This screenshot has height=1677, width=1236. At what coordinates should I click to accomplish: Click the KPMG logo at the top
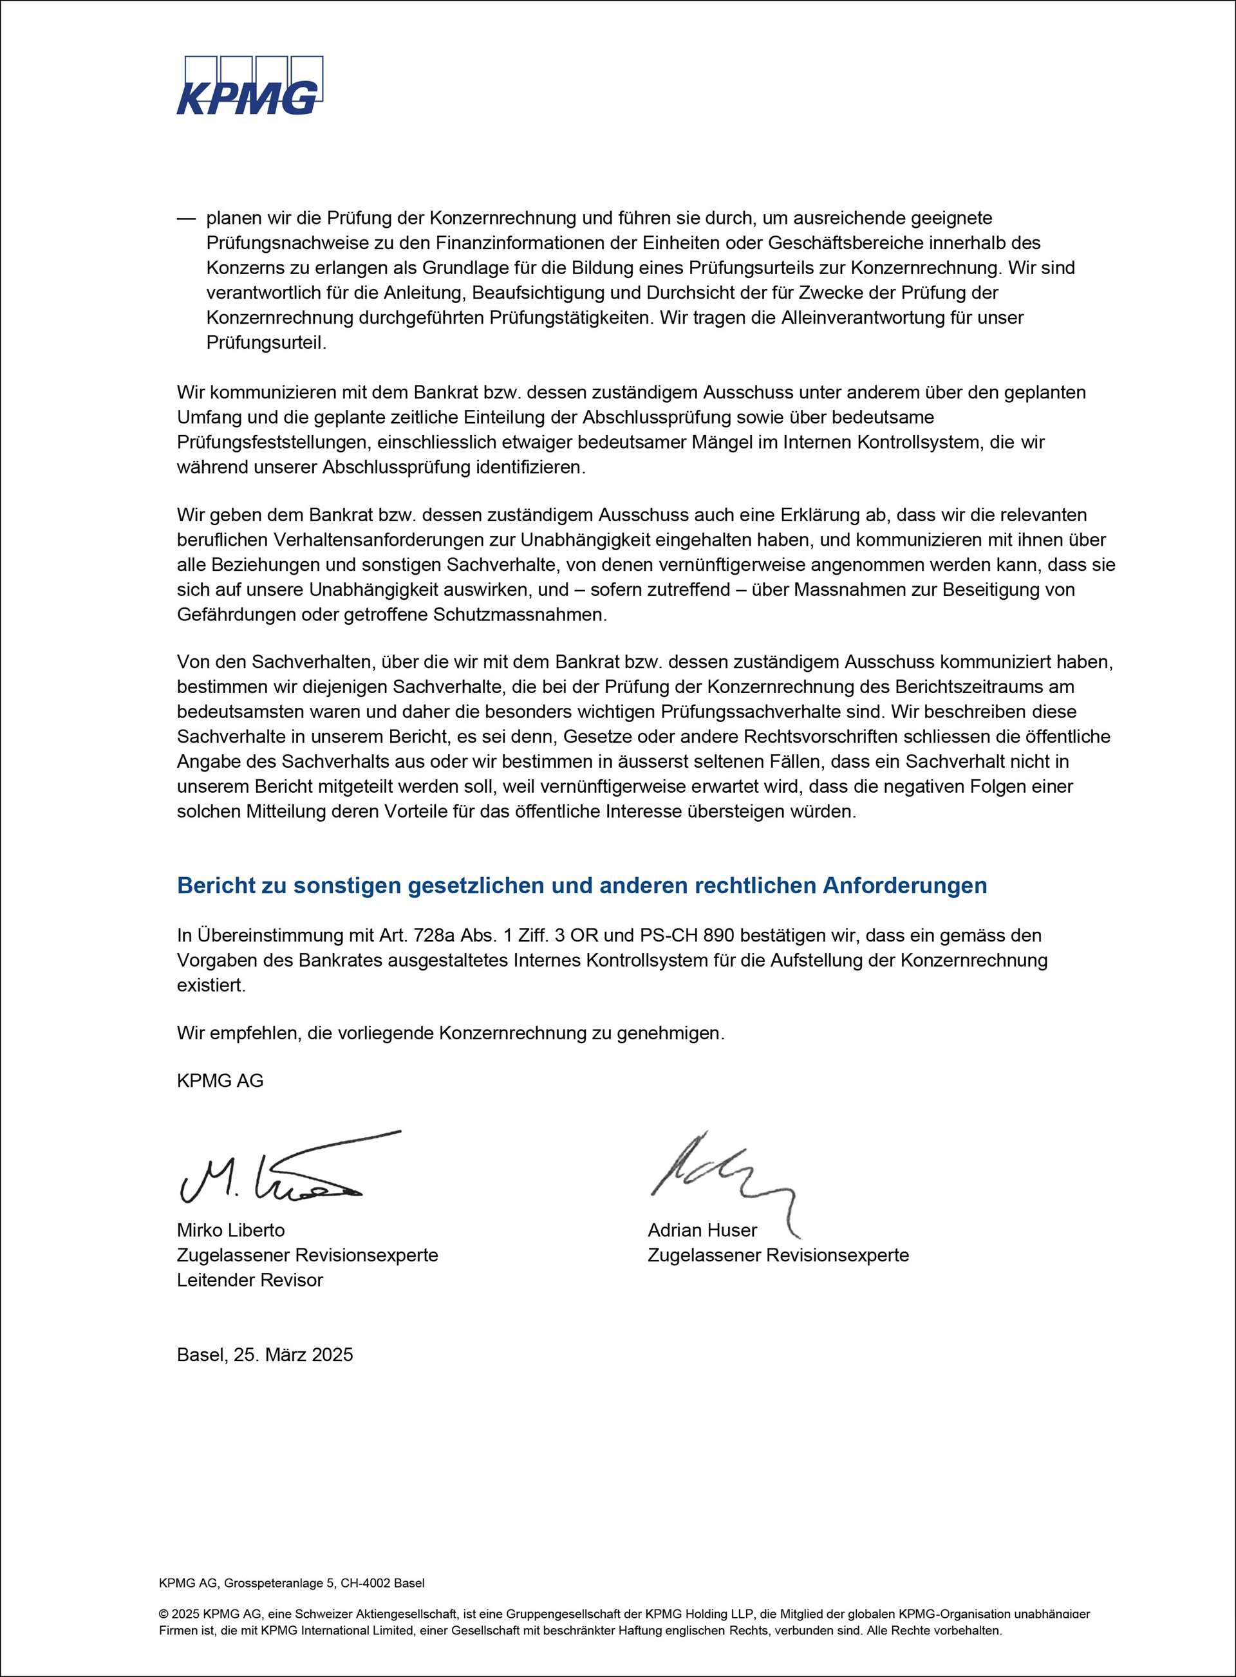tap(250, 86)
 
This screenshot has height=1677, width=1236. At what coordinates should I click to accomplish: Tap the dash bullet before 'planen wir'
tap(185, 218)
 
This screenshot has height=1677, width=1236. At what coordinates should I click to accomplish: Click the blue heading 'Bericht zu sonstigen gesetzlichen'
tap(581, 885)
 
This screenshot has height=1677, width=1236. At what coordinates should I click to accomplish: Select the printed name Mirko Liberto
tap(230, 1230)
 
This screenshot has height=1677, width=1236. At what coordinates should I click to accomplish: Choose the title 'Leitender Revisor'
tap(250, 1280)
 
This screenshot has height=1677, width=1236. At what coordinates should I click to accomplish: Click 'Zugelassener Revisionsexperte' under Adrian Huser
tap(778, 1255)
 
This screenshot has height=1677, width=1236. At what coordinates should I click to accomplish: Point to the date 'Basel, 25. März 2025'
tap(265, 1355)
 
